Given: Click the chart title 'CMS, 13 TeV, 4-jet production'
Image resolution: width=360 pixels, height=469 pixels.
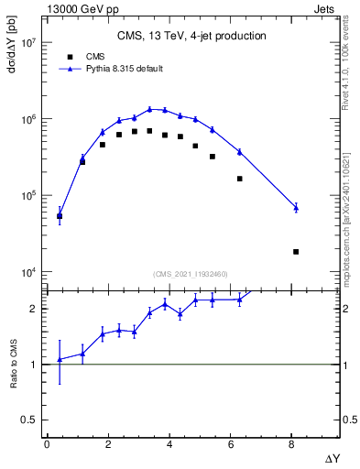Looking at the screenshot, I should click(191, 37).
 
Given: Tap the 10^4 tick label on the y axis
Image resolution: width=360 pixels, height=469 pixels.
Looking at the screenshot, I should click(27, 272).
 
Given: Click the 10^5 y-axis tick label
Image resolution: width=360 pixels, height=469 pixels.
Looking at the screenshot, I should click(27, 195).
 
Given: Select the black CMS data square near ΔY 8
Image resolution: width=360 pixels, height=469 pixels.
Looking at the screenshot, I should click(296, 251).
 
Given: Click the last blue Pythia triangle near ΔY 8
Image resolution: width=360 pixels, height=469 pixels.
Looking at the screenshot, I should click(296, 208).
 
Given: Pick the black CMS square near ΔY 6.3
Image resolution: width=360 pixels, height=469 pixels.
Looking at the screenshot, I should click(239, 179).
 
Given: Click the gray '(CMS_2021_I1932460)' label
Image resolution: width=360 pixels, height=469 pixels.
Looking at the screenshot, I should click(191, 273).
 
